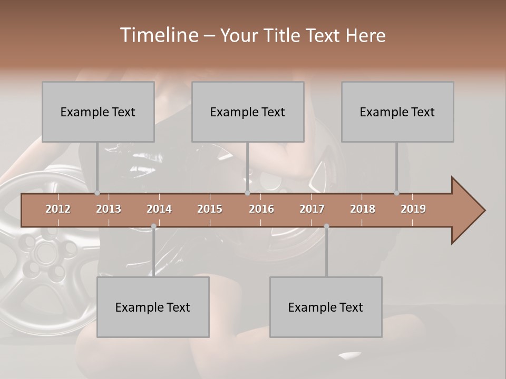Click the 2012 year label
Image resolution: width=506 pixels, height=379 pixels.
[58, 209]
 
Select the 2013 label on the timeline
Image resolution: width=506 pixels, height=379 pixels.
[109, 209]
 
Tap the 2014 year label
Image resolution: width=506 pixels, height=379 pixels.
[159, 209]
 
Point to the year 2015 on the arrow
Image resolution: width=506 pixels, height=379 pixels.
[210, 209]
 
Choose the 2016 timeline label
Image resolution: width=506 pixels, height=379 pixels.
[261, 209]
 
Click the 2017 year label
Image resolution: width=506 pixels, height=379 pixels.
[312, 209]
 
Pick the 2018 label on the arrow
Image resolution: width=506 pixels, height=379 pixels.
[363, 209]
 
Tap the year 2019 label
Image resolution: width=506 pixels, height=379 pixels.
[413, 209]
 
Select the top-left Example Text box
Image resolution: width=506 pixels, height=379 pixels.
[98, 112]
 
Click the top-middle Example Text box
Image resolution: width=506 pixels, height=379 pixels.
[248, 112]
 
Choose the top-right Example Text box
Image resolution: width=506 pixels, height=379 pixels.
[397, 112]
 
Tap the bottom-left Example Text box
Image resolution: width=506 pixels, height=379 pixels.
[153, 307]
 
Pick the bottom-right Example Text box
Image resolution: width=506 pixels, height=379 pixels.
[326, 307]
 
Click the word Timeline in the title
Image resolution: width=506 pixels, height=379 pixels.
[159, 35]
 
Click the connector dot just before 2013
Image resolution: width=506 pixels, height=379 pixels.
[97, 193]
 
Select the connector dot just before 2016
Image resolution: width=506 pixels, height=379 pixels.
[247, 193]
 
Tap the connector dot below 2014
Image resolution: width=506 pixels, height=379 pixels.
[153, 226]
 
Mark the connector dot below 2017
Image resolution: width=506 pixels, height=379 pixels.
[326, 226]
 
